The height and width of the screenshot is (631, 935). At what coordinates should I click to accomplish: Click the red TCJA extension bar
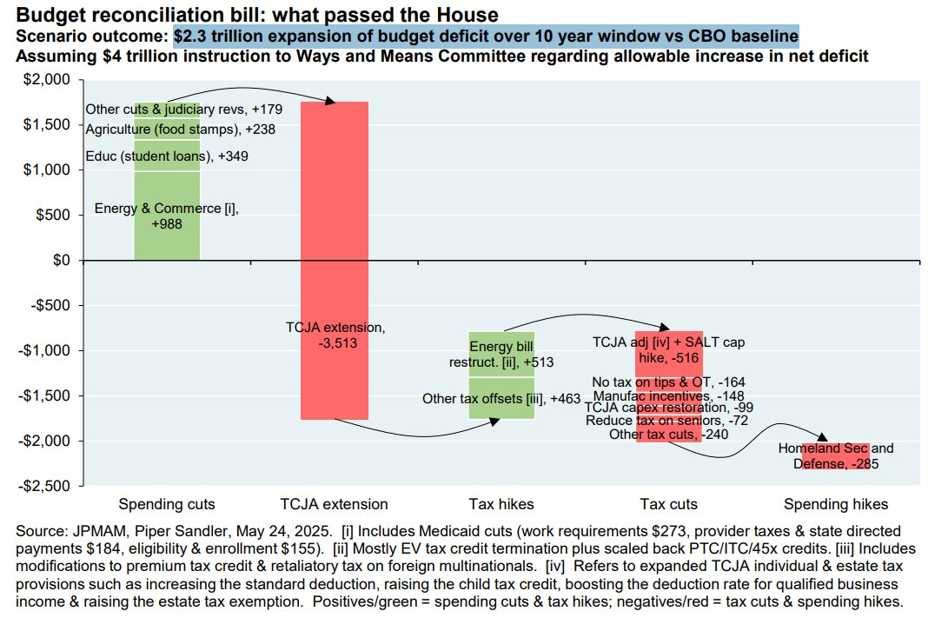pos(335,217)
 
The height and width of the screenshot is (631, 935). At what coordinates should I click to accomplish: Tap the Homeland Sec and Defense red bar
pos(834,456)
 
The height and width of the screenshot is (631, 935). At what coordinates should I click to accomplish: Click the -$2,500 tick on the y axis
pos(49,486)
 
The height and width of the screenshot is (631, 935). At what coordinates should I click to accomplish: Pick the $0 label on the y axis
pos(61,260)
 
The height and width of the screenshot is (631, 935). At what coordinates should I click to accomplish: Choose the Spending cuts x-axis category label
pos(167,504)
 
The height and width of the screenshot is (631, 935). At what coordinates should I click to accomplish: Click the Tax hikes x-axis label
pos(501,504)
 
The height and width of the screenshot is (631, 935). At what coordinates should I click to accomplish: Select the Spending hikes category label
pos(835,504)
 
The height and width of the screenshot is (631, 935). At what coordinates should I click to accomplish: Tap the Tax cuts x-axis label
pos(668,504)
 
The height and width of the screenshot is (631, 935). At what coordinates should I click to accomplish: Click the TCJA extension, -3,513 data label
pos(335,335)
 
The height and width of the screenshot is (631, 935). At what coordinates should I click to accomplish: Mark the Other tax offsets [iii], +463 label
pos(501,399)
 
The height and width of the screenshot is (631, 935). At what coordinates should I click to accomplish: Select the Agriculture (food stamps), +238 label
pos(167,130)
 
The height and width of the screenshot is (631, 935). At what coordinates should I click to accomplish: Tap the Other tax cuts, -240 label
pos(668,434)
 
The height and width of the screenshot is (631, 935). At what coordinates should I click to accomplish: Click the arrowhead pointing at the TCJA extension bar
pos(330,102)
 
